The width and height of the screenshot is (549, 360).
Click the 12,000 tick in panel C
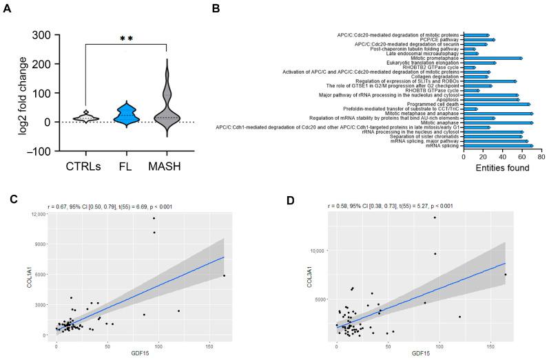(x=41, y=215)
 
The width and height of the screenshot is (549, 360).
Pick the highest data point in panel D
(x=435, y=218)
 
